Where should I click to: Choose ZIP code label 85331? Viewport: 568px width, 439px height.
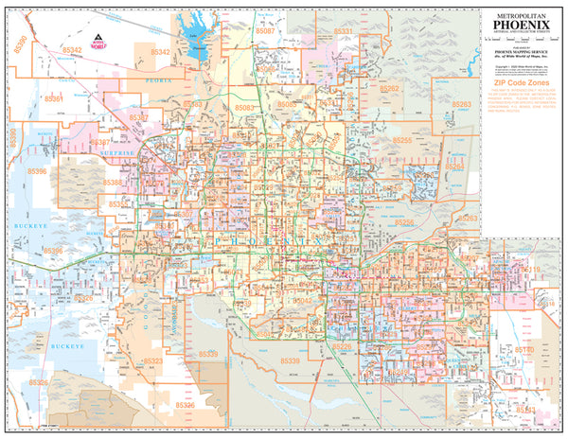click(343, 32)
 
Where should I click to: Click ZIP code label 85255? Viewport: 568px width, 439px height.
click(402, 141)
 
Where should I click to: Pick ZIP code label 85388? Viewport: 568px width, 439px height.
click(113, 183)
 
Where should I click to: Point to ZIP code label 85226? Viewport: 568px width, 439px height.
click(343, 347)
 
